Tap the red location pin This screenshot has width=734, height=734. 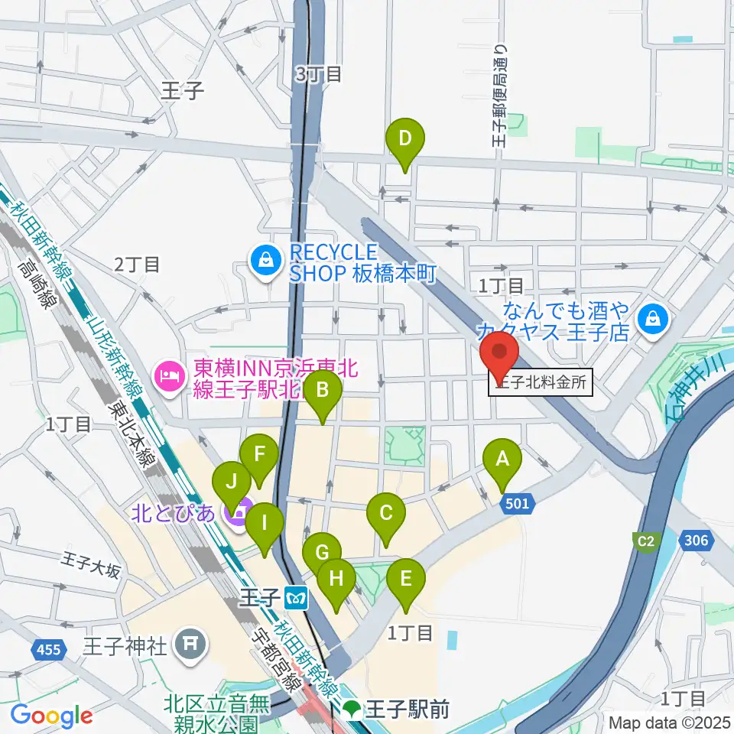(x=499, y=355)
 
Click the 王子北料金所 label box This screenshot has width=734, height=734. (x=541, y=384)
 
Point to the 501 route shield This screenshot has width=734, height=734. (x=517, y=503)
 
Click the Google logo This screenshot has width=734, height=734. (x=51, y=716)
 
